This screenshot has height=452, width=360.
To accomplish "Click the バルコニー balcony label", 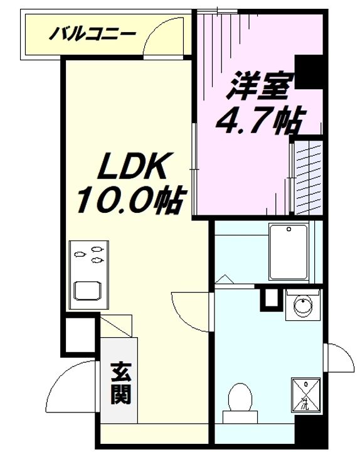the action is [x=92, y=34].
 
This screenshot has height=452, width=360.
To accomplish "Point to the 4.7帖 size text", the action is [x=259, y=121].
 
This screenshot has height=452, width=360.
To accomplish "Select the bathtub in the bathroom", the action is [x=289, y=252].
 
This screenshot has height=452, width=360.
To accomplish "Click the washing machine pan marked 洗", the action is [x=306, y=395].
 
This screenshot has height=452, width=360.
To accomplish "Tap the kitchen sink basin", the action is [x=88, y=291].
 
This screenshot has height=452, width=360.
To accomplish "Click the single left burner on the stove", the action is [x=80, y=254].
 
